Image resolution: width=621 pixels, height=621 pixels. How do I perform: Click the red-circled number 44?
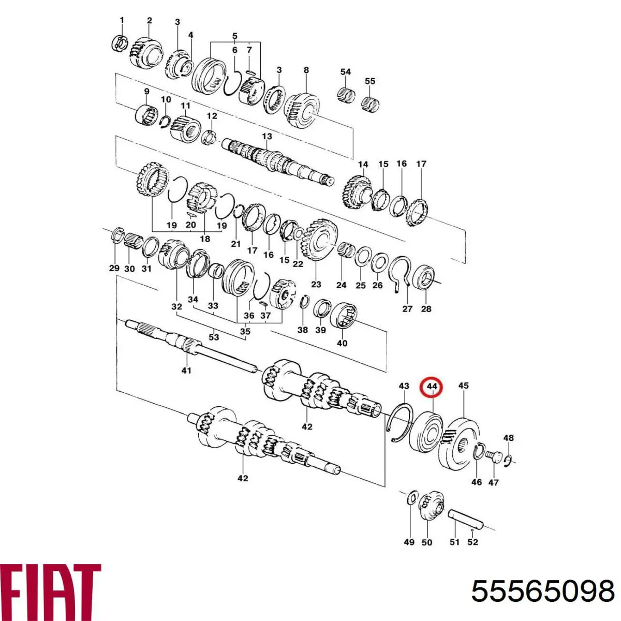pos(432,386)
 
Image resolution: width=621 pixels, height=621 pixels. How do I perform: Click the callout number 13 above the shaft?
pos(267,137)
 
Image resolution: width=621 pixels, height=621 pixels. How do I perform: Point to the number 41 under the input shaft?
pos(186,370)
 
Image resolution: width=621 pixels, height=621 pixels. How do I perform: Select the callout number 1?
pos(122,20)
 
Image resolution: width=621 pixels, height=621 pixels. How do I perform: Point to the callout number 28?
pos(426,308)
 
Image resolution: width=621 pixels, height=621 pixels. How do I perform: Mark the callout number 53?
pos(214,337)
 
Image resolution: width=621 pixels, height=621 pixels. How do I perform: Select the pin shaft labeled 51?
pos(464,517)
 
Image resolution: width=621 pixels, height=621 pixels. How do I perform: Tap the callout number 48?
pos(509,438)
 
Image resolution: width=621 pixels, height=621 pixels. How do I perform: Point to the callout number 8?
pos(306,70)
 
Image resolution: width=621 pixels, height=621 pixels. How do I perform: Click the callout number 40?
pos(342,343)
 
